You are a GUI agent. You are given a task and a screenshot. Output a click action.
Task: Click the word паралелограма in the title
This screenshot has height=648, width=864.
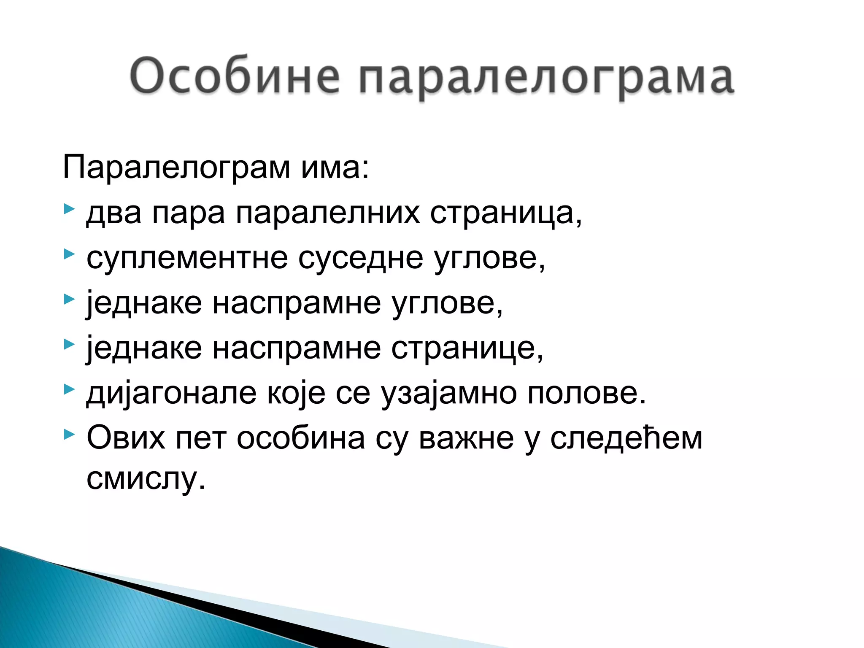[547, 78]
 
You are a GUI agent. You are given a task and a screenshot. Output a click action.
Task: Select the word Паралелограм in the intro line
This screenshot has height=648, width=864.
[176, 167]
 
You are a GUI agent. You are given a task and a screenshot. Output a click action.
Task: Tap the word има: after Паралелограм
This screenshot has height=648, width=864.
[335, 167]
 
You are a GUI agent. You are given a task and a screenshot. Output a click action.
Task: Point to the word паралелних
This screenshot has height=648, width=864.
[328, 213]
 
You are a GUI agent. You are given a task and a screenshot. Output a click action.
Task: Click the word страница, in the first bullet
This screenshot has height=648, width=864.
[506, 213]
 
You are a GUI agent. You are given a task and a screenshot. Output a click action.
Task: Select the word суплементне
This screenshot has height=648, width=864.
[187, 258]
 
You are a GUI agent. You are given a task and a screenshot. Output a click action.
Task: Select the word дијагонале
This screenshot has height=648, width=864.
[171, 394]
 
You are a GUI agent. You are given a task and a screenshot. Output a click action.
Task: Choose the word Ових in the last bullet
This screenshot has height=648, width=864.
[126, 437]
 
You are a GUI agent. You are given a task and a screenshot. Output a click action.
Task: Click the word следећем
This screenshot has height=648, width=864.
[626, 437]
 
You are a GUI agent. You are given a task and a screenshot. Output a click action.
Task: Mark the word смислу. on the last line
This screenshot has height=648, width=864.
[146, 478]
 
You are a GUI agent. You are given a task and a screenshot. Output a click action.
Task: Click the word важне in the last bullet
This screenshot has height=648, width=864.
[466, 437]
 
